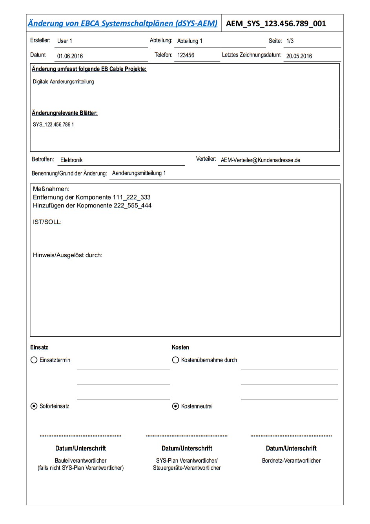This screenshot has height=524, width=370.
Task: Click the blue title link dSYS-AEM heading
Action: coord(122,24)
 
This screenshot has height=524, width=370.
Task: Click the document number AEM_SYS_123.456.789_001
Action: coord(276,24)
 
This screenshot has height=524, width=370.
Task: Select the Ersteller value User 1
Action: coord(65,41)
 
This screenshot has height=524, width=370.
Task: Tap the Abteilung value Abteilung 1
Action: coord(190,41)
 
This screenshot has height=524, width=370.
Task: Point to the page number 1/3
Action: coord(290,41)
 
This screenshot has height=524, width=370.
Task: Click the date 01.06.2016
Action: coord(70,56)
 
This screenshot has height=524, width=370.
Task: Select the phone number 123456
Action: coord(186,55)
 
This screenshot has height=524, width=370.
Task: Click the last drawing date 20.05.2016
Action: coord(299,56)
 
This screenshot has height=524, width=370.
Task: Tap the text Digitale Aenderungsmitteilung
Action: coord(64,82)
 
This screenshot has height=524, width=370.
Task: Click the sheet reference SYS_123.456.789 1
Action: coord(53,125)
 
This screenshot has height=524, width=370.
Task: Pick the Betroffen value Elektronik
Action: coord(71,160)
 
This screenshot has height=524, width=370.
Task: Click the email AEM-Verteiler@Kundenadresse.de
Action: coord(261,160)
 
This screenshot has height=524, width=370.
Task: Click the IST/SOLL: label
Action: coord(47,222)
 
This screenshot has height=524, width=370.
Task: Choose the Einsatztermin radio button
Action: coord(34,360)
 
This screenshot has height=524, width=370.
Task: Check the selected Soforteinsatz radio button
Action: coord(34,406)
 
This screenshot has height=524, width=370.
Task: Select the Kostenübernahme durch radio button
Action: coord(176,360)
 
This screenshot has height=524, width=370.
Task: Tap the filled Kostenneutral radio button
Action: coord(176,406)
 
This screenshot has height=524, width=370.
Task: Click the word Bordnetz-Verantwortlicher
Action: coord(292,461)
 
